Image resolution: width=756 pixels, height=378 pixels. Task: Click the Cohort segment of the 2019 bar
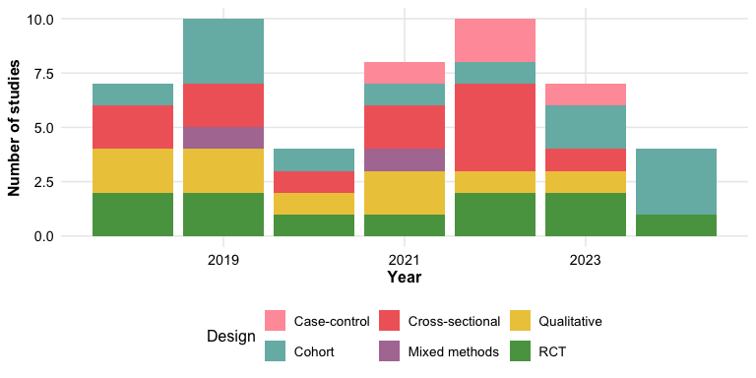[x=223, y=51]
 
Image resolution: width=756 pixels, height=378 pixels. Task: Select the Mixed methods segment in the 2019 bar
[x=223, y=138]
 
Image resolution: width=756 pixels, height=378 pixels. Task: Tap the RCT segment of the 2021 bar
[x=405, y=225]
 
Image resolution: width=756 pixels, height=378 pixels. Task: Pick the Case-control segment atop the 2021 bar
[x=405, y=73]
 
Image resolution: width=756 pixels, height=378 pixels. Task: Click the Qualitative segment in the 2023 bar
[x=586, y=182]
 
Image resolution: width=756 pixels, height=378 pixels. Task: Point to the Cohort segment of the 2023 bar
[x=586, y=127]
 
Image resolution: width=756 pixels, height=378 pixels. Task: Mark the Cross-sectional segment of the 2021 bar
[x=405, y=127]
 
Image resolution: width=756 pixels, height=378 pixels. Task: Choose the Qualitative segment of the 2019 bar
[x=223, y=170]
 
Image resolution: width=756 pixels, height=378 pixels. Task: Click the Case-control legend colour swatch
[x=276, y=321]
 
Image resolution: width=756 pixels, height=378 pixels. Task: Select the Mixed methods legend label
[x=453, y=352]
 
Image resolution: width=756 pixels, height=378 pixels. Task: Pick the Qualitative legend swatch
[x=520, y=321]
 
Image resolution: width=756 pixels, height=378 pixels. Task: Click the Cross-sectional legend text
[x=454, y=321]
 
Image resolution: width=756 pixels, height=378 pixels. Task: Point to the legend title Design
[x=231, y=337]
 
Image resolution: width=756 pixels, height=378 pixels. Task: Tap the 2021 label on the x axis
[x=405, y=261]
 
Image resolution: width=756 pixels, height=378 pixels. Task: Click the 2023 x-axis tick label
[x=586, y=261]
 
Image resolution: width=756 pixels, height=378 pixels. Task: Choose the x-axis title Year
[x=405, y=278]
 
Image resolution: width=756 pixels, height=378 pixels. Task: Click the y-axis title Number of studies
[x=14, y=128]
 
